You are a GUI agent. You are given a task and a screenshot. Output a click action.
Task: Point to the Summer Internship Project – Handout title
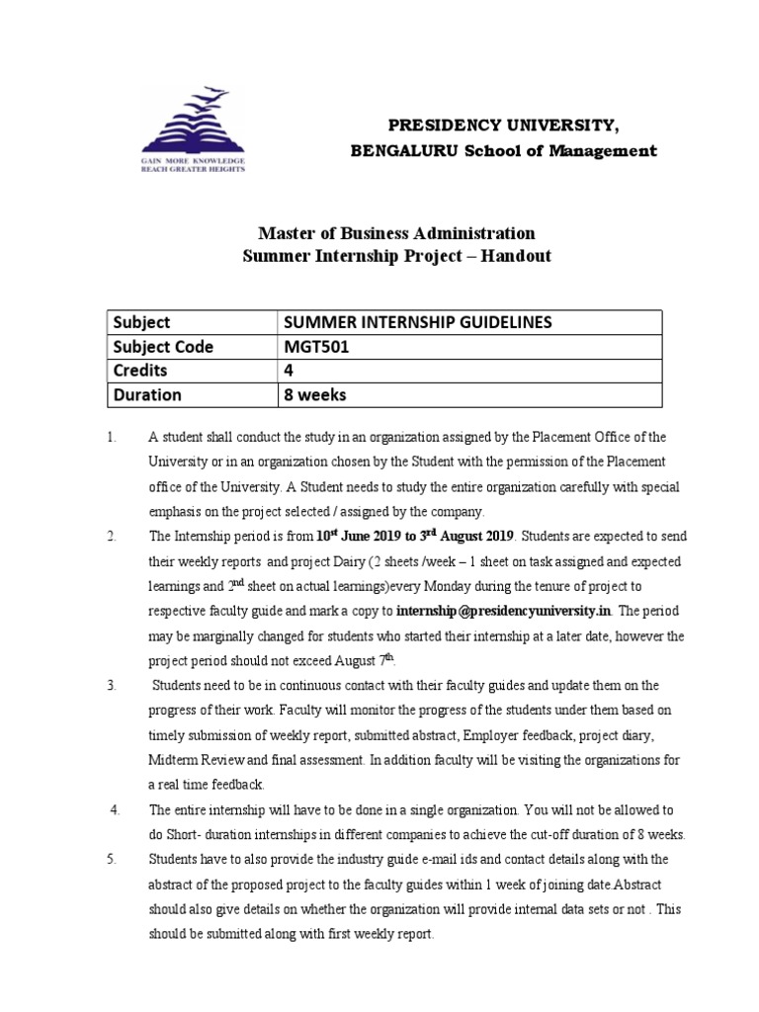click(x=396, y=256)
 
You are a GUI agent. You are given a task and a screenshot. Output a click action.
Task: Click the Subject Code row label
click(x=163, y=347)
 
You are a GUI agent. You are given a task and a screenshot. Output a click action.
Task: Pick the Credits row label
click(x=140, y=371)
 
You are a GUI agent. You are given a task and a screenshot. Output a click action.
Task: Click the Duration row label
click(x=147, y=394)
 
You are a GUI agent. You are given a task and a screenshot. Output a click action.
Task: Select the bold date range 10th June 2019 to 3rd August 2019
click(x=415, y=536)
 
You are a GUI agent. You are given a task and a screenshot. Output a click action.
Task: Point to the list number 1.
click(x=113, y=437)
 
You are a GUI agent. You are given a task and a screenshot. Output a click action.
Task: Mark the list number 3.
click(x=113, y=685)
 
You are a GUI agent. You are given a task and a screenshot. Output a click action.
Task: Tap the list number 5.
click(x=113, y=859)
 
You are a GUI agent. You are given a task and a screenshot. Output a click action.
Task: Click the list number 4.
click(x=115, y=809)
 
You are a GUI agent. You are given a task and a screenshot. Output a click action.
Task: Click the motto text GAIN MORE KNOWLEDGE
click(x=192, y=159)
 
